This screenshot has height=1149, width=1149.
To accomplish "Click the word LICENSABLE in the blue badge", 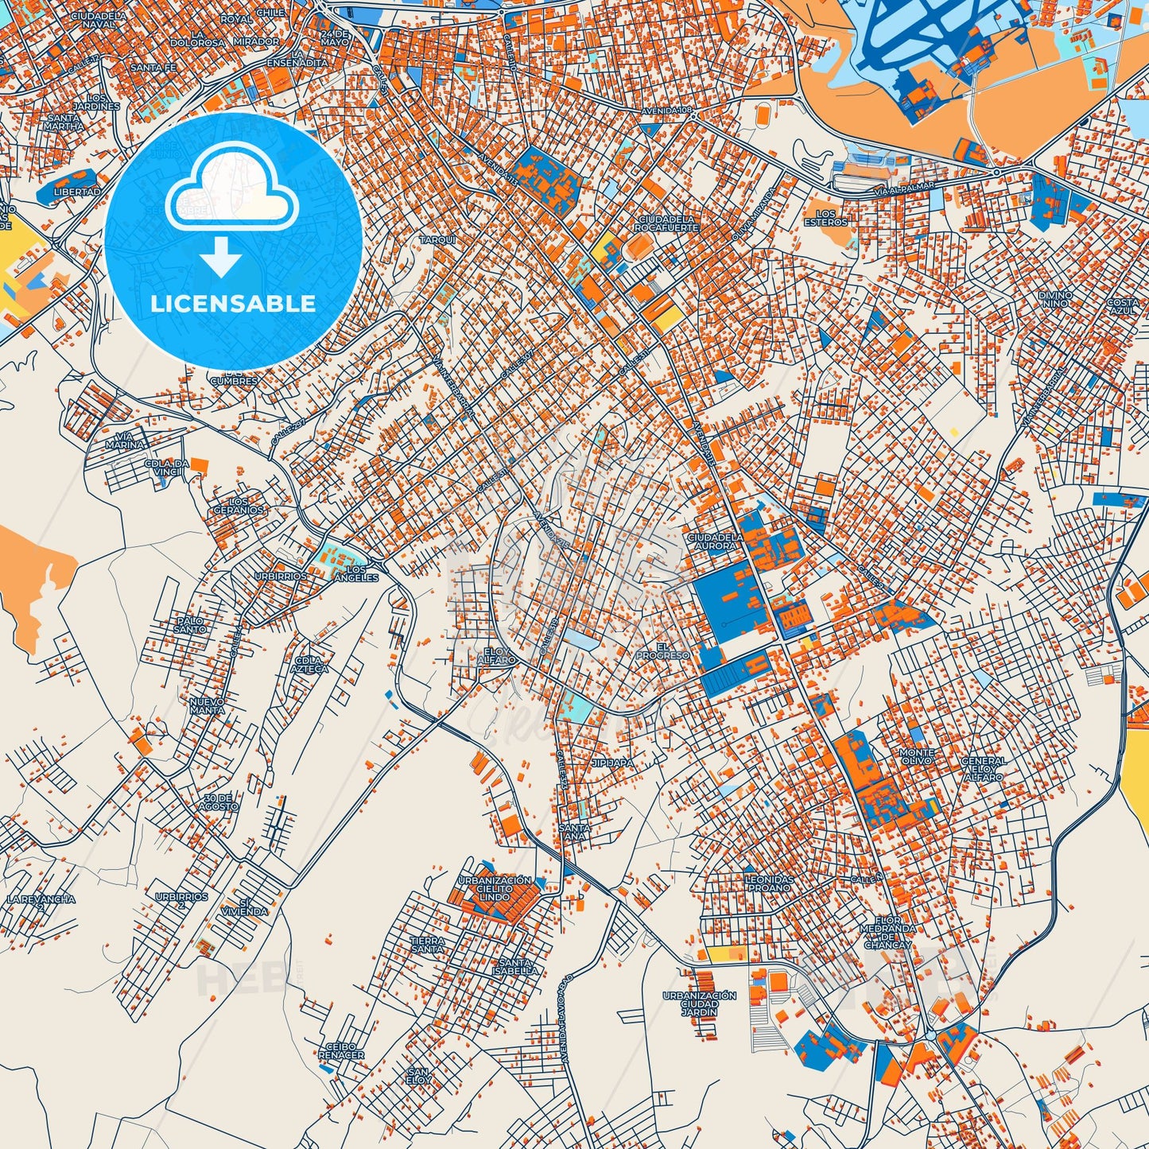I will coord(233,304).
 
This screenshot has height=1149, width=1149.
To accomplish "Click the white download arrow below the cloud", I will coord(221,258).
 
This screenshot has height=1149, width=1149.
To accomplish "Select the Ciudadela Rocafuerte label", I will coord(666,223).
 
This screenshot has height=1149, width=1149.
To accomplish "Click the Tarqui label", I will coord(437,239).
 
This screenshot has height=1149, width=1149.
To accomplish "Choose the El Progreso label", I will coord(662,651).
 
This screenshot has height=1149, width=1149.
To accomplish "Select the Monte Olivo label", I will coord(917,756).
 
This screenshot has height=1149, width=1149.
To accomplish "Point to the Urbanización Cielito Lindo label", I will coord(495,888).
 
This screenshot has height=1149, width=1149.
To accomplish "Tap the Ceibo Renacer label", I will coord(341,1050).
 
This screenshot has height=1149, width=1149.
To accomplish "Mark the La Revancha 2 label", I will coord(41,903).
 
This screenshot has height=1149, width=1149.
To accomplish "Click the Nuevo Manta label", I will coord(207,705).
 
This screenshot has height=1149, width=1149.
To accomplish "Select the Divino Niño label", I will coord(1055,299).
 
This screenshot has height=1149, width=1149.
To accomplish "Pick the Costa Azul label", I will coord(1123,305).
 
